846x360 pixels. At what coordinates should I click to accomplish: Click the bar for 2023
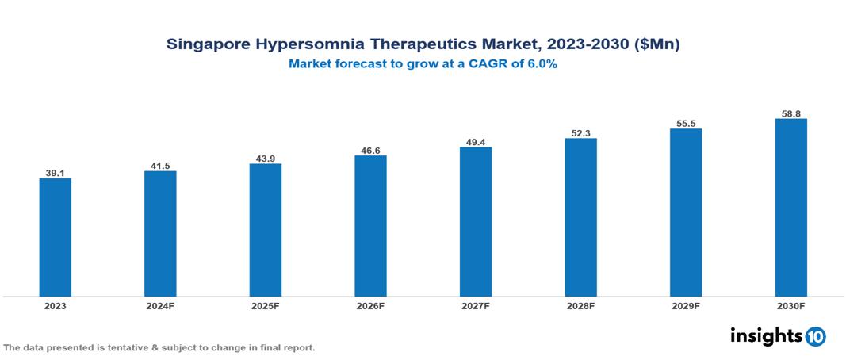pyautogui.click(x=56, y=237)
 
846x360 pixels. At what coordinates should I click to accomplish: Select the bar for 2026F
pyautogui.click(x=370, y=226)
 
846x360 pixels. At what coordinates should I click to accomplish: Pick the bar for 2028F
pyautogui.click(x=580, y=217)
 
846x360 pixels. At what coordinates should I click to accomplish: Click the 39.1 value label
pyautogui.click(x=56, y=172)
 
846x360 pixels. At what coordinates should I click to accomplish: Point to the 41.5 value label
pyautogui.click(x=160, y=165)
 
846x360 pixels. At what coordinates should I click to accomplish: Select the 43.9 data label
pyautogui.click(x=266, y=158)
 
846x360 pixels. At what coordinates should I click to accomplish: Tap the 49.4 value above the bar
pyautogui.click(x=476, y=141)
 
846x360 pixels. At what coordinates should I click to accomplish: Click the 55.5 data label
pyautogui.click(x=686, y=123)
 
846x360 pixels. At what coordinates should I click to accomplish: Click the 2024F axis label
pyautogui.click(x=160, y=305)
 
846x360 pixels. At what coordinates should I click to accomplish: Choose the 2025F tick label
pyautogui.click(x=266, y=305)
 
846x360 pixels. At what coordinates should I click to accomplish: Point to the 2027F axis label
pyautogui.click(x=476, y=305)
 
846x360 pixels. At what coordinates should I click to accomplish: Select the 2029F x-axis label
pyautogui.click(x=686, y=305)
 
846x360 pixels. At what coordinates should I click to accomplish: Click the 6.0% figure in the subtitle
pyautogui.click(x=540, y=64)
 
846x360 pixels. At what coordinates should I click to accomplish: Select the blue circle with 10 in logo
pyautogui.click(x=815, y=336)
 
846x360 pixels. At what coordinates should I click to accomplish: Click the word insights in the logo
pyautogui.click(x=766, y=335)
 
